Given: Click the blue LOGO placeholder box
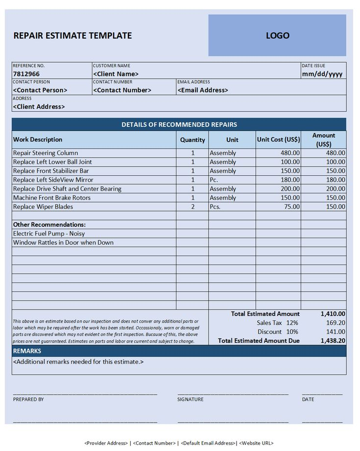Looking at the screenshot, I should click(x=277, y=35).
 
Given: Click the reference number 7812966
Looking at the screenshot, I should click(x=26, y=74).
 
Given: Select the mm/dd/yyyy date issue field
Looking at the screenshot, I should click(x=322, y=74).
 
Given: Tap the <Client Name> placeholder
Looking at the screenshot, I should click(x=116, y=74).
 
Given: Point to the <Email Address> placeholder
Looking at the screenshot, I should click(x=203, y=90).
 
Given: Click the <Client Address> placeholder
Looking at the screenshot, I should click(x=39, y=106).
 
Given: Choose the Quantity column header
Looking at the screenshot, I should click(x=192, y=140).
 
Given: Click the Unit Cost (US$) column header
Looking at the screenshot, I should click(x=278, y=140).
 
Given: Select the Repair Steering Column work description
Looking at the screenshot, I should click(x=46, y=153).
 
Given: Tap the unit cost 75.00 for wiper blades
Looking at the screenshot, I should click(x=292, y=207).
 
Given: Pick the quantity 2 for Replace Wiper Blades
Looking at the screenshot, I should click(x=192, y=207).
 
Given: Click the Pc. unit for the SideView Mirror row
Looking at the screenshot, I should click(x=215, y=180).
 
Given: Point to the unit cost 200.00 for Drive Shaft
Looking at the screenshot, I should click(x=290, y=189).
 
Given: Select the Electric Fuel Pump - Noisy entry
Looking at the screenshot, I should click(x=49, y=234).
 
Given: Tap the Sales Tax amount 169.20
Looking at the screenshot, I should click(x=336, y=323).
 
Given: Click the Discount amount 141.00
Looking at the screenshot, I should click(x=336, y=332).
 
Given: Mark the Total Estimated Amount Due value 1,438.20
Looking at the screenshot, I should click(x=333, y=340).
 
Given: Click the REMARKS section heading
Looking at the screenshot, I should click(x=27, y=351).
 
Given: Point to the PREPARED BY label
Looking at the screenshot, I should click(x=28, y=400).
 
